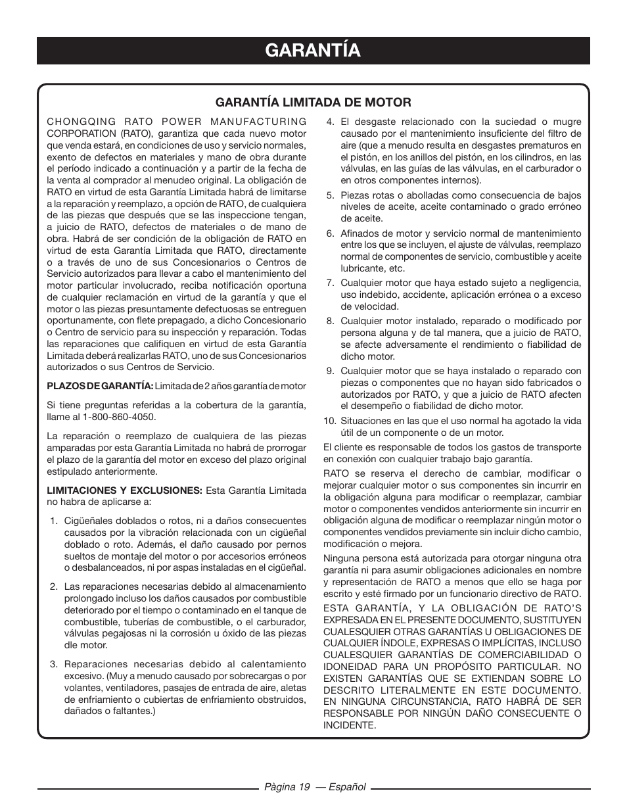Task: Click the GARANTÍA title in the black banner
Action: tap(313, 50)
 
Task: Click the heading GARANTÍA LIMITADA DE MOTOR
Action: tap(313, 103)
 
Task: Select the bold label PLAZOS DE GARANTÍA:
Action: tap(100, 386)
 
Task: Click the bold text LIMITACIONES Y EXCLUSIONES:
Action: tap(124, 490)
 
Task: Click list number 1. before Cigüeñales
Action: tap(54, 521)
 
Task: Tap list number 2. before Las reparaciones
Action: tap(54, 587)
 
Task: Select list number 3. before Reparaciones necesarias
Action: tap(54, 664)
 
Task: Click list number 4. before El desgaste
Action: tap(331, 122)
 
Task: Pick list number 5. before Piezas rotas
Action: tap(331, 195)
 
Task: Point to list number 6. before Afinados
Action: tap(331, 233)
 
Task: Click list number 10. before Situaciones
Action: tap(329, 421)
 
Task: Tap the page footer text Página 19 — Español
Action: tap(315, 788)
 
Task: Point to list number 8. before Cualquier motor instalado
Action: tap(331, 322)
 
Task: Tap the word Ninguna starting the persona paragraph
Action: tap(341, 558)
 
